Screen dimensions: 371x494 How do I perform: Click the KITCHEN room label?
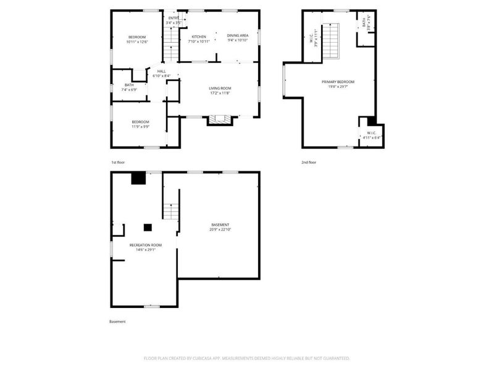click(199, 36)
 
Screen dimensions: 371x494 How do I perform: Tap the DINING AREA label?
click(238, 35)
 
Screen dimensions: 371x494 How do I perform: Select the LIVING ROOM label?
click(219, 88)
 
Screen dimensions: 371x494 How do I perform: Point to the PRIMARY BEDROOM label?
click(338, 82)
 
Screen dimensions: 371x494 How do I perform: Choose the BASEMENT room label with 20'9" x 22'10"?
click(220, 224)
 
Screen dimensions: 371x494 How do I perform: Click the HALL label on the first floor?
click(161, 71)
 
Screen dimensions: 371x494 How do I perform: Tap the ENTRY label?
click(174, 18)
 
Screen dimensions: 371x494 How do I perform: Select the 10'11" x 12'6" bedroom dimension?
click(137, 42)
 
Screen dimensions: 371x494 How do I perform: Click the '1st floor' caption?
click(118, 162)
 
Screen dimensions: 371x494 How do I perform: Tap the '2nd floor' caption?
click(309, 162)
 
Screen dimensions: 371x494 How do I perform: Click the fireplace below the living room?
click(217, 120)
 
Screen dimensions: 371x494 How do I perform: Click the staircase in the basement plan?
click(171, 211)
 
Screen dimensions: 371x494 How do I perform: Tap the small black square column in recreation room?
click(148, 226)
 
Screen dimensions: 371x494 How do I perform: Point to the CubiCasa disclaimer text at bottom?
click(247, 358)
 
